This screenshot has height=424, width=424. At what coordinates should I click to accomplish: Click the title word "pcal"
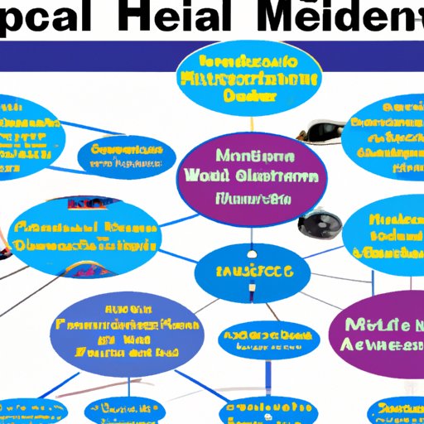coord(50,20)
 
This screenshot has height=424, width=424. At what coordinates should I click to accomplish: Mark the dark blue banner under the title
coord(212,55)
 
